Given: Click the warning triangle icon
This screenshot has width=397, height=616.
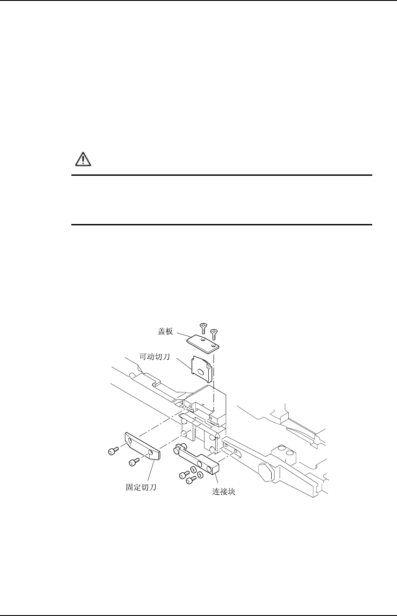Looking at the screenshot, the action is (x=81, y=160).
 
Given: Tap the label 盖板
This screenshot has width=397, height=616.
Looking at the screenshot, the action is (x=165, y=331).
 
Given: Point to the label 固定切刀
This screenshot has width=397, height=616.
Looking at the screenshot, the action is (x=138, y=488).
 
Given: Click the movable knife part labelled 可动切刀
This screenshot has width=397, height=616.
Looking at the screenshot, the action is (x=200, y=368).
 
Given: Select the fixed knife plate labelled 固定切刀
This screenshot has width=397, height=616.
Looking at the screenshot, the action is (x=143, y=445).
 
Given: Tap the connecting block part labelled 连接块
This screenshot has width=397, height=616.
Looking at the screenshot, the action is (x=198, y=459).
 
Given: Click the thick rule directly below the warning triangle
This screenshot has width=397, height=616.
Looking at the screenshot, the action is (x=222, y=175).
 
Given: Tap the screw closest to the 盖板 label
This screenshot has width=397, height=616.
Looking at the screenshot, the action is (x=203, y=328).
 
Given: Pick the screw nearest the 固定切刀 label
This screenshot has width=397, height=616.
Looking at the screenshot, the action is (x=133, y=462).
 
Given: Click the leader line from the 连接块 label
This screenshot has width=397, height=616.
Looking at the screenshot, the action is (x=214, y=482).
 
